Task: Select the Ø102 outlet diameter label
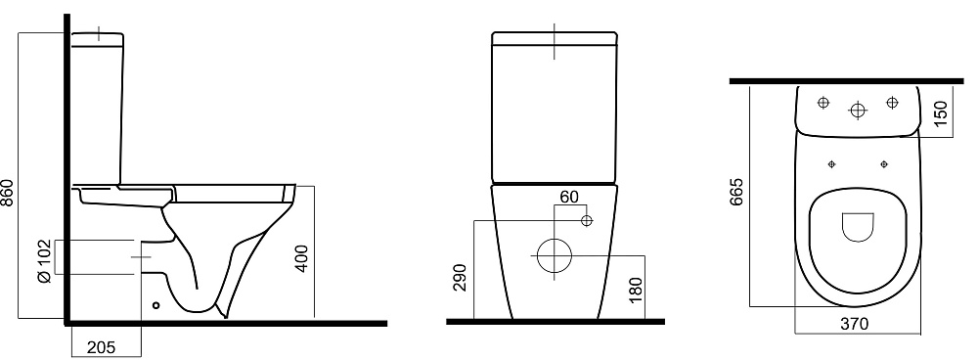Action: pyautogui.click(x=44, y=261)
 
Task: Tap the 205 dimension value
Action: pyautogui.click(x=101, y=347)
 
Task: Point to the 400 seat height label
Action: pyautogui.click(x=302, y=257)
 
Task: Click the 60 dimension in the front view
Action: pyautogui.click(x=569, y=198)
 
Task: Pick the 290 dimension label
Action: pyautogui.click(x=460, y=278)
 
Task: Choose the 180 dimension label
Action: pyautogui.click(x=636, y=289)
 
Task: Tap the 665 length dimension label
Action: pyautogui.click(x=736, y=192)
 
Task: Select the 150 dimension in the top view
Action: pyautogui.click(x=941, y=112)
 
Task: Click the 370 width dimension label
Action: pyautogui.click(x=854, y=325)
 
